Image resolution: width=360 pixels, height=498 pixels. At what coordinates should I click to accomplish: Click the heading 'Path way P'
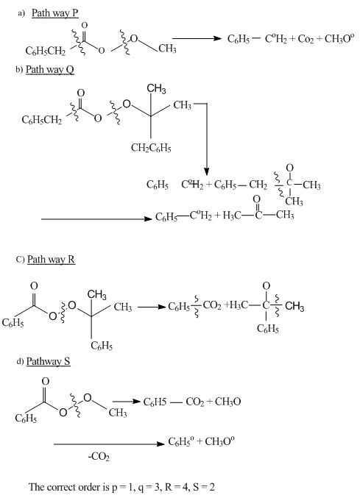coord(55,13)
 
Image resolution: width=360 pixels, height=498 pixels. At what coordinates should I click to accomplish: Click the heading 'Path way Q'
coord(50,70)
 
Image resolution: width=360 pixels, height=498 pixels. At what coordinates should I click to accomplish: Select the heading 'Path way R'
coord(51,260)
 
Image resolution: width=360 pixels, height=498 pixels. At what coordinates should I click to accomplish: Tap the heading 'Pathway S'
coord(49,361)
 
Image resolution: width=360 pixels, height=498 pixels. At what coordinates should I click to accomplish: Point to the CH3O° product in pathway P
coord(339,39)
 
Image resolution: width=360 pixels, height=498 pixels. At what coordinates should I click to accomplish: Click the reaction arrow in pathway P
coord(197,39)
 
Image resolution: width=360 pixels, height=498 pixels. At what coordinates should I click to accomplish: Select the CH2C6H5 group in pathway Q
coord(151,148)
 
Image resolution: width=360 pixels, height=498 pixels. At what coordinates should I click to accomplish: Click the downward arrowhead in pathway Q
coord(207,171)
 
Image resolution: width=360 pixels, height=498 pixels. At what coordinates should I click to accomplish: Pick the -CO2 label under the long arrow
coord(99,457)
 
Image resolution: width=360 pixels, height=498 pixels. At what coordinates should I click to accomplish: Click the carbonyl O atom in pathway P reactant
coord(84,25)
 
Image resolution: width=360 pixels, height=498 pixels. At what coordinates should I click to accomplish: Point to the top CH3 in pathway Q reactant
coord(156,88)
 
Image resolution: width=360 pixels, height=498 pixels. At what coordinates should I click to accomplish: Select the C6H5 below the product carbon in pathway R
coord(268,329)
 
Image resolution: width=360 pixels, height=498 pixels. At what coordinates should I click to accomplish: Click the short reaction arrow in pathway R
coord(152,307)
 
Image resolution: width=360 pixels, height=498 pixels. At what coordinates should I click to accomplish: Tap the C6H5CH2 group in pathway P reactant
coord(46,51)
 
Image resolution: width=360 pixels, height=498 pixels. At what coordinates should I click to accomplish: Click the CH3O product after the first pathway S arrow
coord(227,402)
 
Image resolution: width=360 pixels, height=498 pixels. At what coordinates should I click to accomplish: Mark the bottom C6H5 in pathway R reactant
coord(102,346)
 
